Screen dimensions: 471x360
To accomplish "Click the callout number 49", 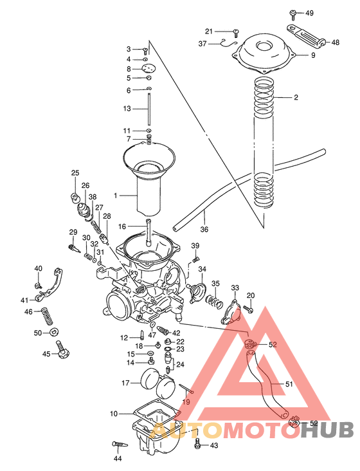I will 309,13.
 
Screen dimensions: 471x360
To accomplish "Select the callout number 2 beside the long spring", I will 296,98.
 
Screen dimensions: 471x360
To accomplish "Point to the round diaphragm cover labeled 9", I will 264,55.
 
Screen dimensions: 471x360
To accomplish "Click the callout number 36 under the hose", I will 204,228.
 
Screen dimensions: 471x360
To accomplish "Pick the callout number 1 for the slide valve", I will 116,195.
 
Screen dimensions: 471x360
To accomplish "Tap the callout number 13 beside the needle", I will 127,108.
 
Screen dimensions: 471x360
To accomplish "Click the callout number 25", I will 75,173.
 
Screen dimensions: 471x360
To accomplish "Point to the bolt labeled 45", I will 62,351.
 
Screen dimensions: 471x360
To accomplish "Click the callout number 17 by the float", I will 126,383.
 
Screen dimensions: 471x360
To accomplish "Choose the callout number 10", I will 114,413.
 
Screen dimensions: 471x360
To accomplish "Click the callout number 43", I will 214,445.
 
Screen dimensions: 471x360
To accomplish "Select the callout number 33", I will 235,288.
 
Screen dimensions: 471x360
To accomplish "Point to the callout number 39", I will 195,246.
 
